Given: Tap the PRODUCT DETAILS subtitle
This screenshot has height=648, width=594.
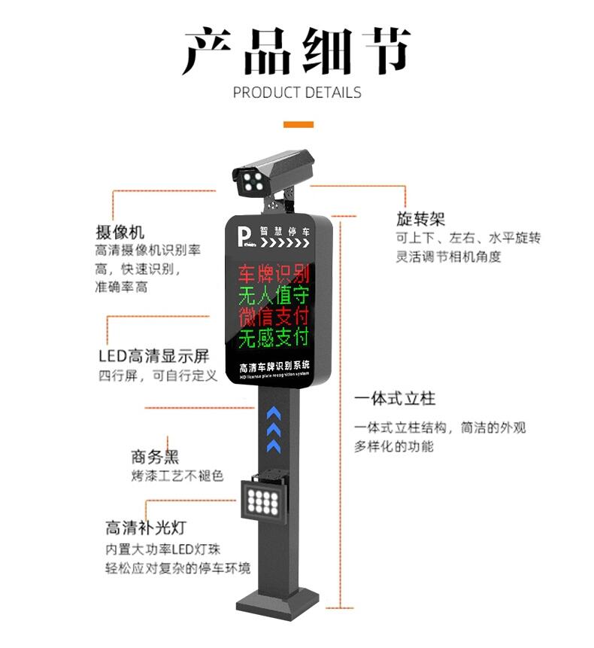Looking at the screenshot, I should (297, 93).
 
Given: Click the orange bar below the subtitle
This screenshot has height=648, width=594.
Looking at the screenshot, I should (298, 123).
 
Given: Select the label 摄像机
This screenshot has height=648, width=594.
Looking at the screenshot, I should (120, 231).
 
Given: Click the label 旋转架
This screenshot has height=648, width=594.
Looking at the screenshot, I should (421, 219).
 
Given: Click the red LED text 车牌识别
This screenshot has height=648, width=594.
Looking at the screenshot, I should (274, 273).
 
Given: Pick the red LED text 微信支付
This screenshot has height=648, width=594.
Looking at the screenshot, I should (274, 316).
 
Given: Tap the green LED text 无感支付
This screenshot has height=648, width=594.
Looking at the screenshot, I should (274, 338).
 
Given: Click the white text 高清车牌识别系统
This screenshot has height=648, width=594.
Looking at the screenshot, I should (274, 367).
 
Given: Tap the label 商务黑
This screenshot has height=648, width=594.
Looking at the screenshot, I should (155, 456).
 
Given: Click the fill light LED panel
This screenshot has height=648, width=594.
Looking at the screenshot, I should (262, 498).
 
